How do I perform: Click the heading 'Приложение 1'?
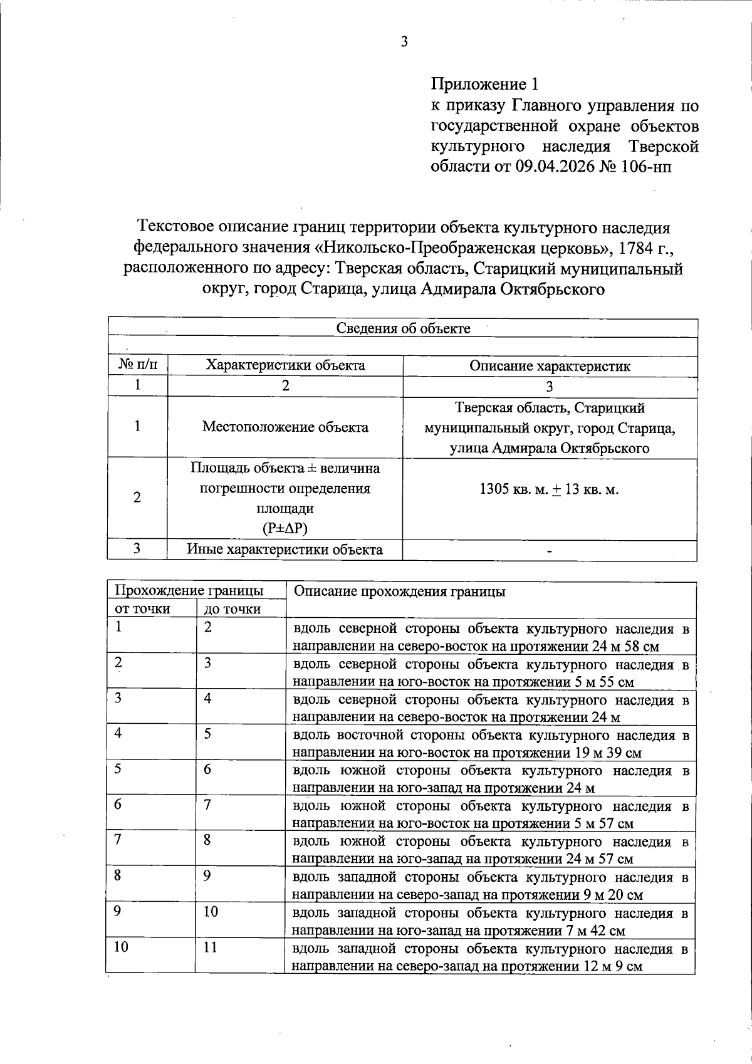484,84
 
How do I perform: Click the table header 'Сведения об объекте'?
404,328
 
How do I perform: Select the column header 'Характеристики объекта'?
285,365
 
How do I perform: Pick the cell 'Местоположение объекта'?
285,427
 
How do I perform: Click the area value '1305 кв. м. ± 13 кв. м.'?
549,489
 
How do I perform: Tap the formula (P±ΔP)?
285,529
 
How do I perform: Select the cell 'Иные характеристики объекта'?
285,550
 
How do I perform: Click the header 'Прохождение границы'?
188,591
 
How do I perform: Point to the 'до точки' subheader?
232,609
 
